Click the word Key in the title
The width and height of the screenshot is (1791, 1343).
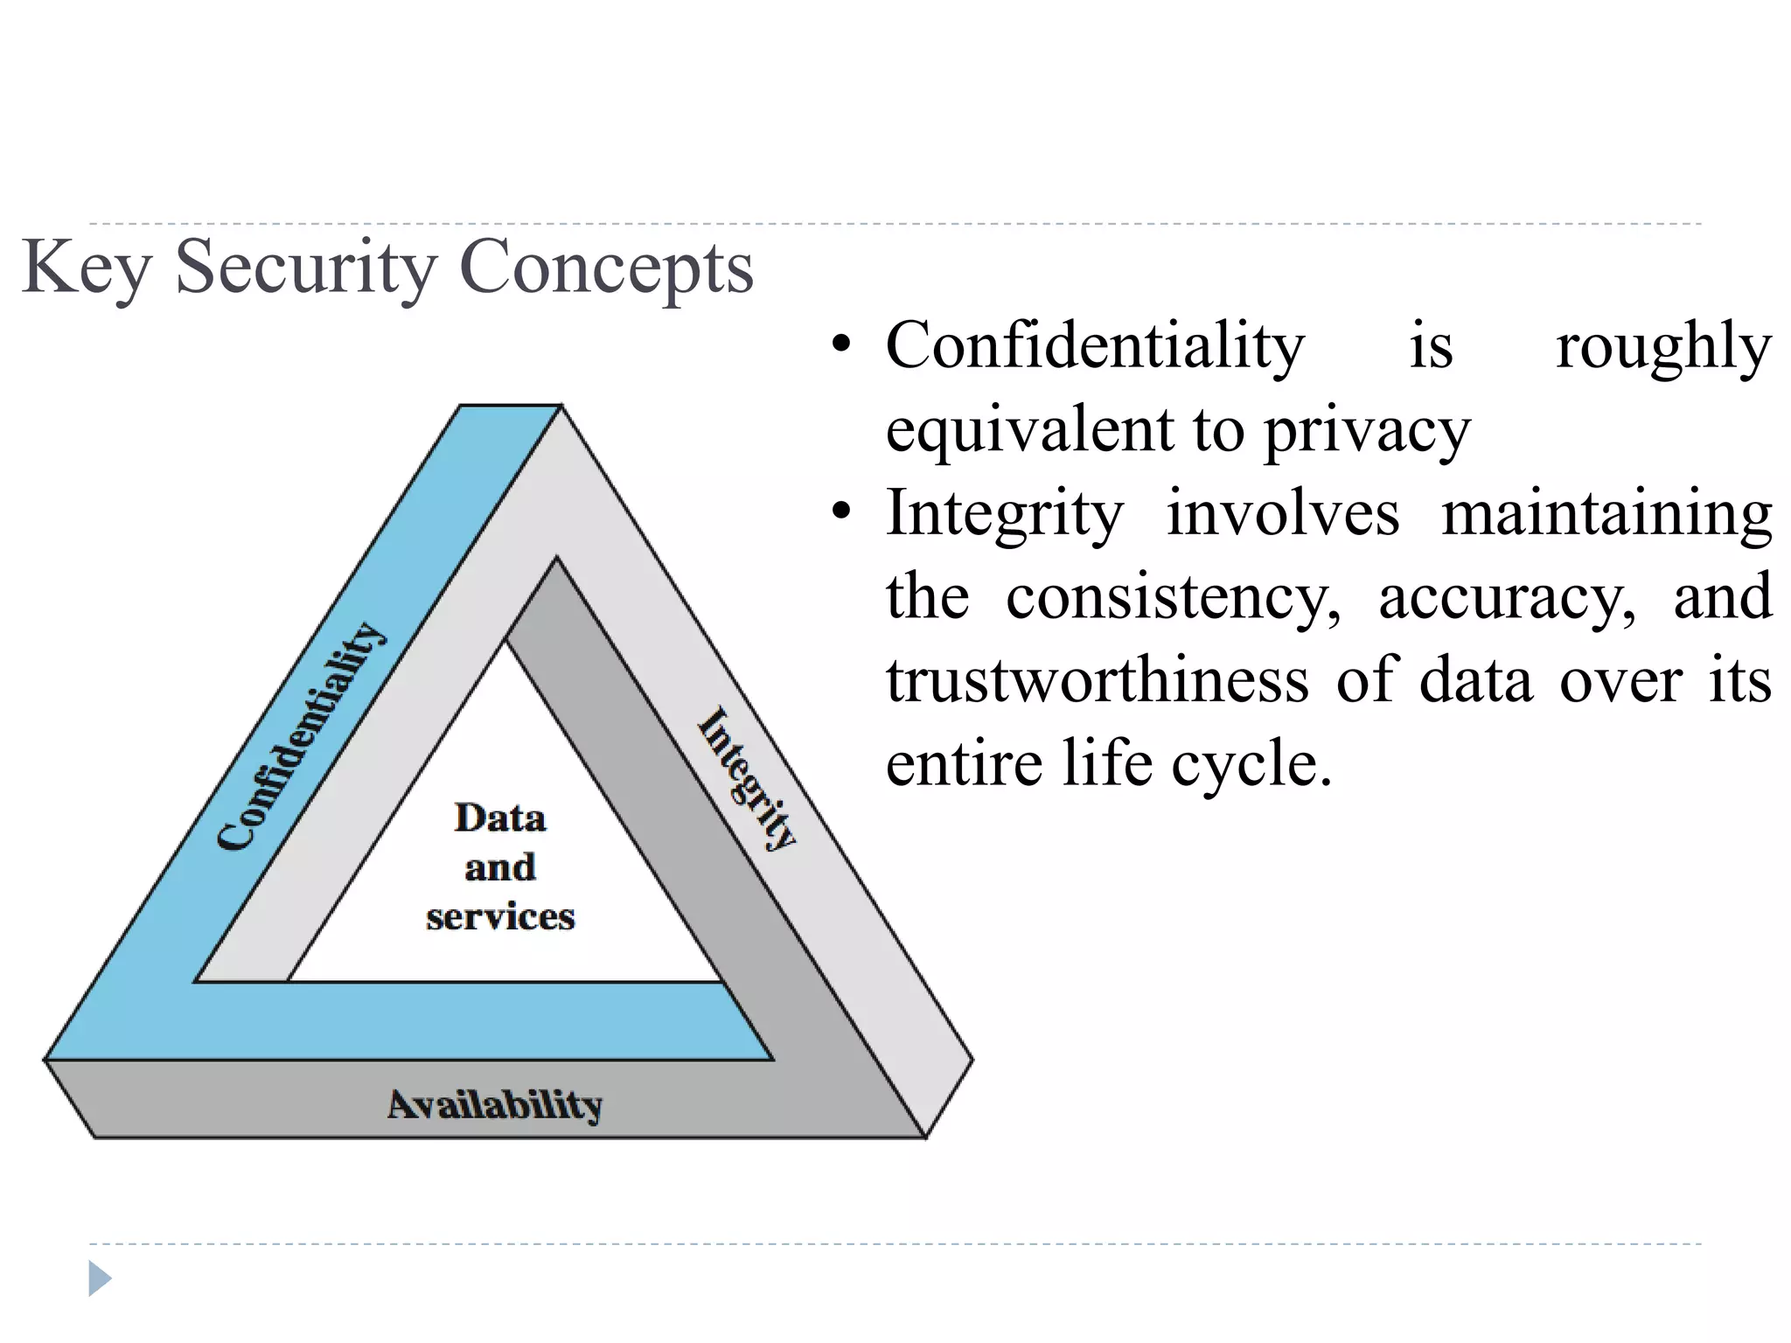click(x=85, y=268)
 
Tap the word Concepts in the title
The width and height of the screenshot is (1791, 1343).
click(x=605, y=268)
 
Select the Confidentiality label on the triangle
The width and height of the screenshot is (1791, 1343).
click(x=300, y=736)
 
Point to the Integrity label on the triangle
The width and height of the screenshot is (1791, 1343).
click(x=748, y=778)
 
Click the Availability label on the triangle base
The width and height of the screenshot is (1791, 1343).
click(x=495, y=1105)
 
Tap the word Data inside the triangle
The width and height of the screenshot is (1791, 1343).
click(x=500, y=818)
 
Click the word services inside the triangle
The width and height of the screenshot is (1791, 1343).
click(x=500, y=917)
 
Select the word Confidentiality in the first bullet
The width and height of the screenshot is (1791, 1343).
click(x=1095, y=346)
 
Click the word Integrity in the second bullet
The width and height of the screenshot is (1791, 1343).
click(x=1005, y=514)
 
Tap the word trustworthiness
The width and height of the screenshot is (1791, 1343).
click(x=1098, y=680)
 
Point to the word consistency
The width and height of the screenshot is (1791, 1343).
click(x=1173, y=598)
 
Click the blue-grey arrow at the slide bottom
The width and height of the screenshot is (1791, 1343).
click(x=100, y=1279)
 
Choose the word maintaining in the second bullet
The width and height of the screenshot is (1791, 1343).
click(x=1606, y=514)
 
